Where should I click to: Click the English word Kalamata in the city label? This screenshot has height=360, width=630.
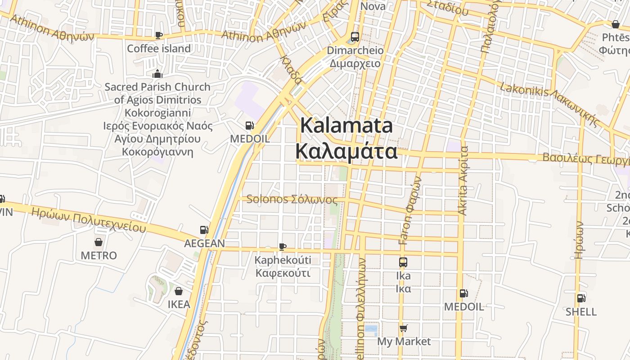coord(346,126)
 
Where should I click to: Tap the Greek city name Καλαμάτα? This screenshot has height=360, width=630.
coord(346,152)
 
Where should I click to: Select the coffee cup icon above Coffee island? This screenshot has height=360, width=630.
coord(158,35)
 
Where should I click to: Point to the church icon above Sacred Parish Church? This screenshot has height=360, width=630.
coord(157,74)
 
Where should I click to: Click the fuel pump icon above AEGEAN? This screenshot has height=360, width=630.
coord(204,230)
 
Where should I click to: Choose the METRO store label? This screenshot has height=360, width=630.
coord(99,256)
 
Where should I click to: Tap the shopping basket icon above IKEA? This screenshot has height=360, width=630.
coord(179,291)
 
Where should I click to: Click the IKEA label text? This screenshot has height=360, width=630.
coord(179,304)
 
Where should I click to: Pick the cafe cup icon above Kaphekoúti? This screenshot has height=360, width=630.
coord(282,247)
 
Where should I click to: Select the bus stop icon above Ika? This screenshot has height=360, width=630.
coord(403,262)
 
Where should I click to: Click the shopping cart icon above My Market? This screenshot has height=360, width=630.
coord(403,328)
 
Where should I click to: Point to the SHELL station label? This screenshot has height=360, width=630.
coord(581,312)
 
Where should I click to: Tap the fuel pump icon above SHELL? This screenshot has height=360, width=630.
coord(581,298)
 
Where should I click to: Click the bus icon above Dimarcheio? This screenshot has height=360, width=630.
coord(355,37)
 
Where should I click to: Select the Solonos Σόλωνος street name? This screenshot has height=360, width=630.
coord(292,199)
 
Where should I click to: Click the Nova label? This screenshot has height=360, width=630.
coord(373,6)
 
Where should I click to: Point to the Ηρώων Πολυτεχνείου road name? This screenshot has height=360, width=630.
coord(88,220)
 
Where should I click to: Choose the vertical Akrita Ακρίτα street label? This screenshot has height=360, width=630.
coord(463,180)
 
